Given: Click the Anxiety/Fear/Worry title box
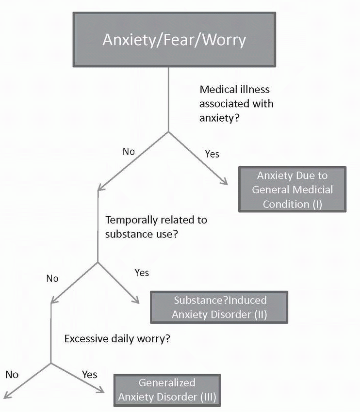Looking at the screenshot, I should (174, 39).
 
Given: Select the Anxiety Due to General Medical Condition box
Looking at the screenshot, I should (292, 190).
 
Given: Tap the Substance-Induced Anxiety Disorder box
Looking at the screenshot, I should (219, 307).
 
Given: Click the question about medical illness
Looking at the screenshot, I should (236, 104).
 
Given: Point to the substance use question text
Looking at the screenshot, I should (156, 227).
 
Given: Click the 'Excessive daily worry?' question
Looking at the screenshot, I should (117, 338).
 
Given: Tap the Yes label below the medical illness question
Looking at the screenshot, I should (212, 154).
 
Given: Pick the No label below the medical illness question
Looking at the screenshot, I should (129, 152).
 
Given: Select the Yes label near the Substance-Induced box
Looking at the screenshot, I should (141, 273).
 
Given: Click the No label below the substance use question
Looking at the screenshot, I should (52, 279).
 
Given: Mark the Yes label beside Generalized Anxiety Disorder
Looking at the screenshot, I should (89, 375).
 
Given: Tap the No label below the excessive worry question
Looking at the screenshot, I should (12, 374).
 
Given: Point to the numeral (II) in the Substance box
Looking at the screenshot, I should (261, 314).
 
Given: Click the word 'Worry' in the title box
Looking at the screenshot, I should (224, 39).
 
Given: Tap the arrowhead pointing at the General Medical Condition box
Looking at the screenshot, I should (225, 183).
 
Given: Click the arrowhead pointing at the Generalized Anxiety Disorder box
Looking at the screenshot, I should (102, 391).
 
